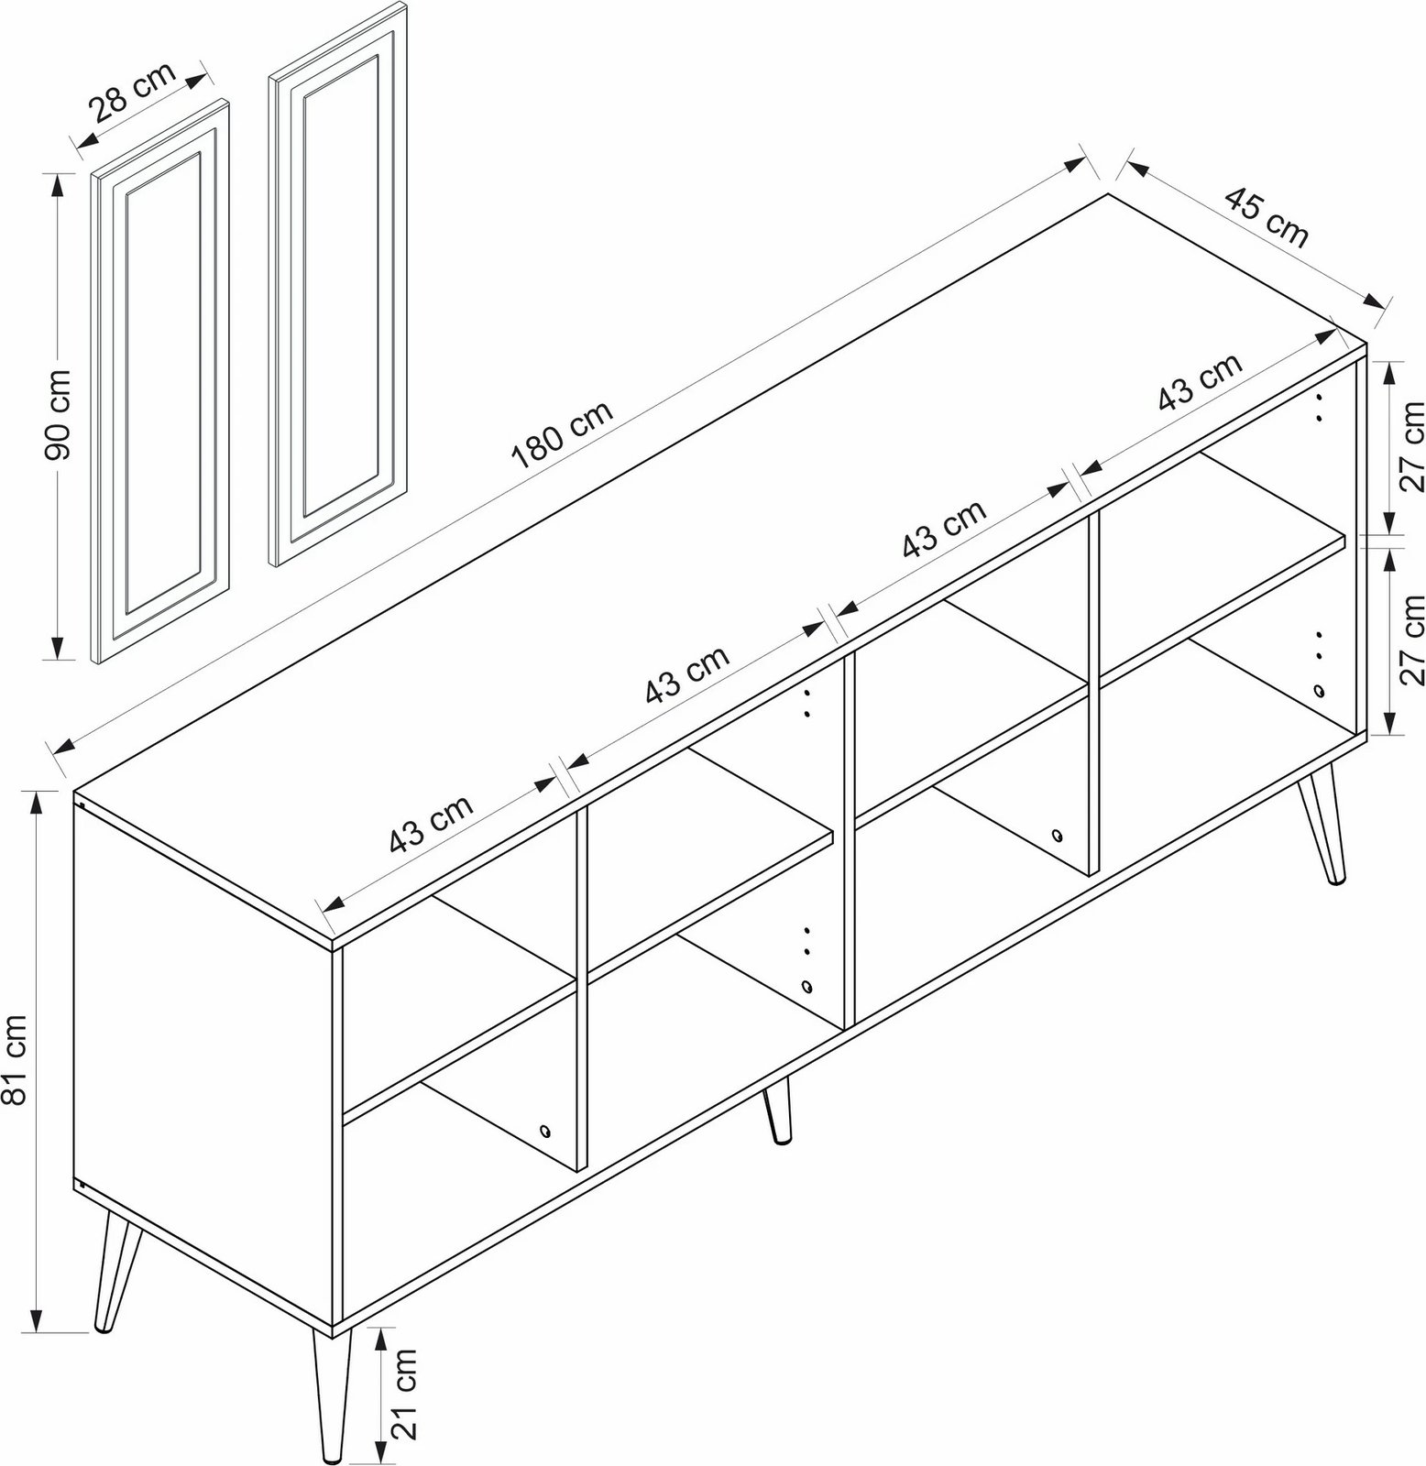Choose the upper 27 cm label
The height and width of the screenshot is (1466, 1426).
pos(1409,447)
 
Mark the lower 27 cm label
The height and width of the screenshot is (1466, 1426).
pos(1409,639)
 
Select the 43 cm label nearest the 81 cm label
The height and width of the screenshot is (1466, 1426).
pos(431,823)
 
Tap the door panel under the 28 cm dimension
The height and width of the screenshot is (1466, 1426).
pos(160,380)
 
